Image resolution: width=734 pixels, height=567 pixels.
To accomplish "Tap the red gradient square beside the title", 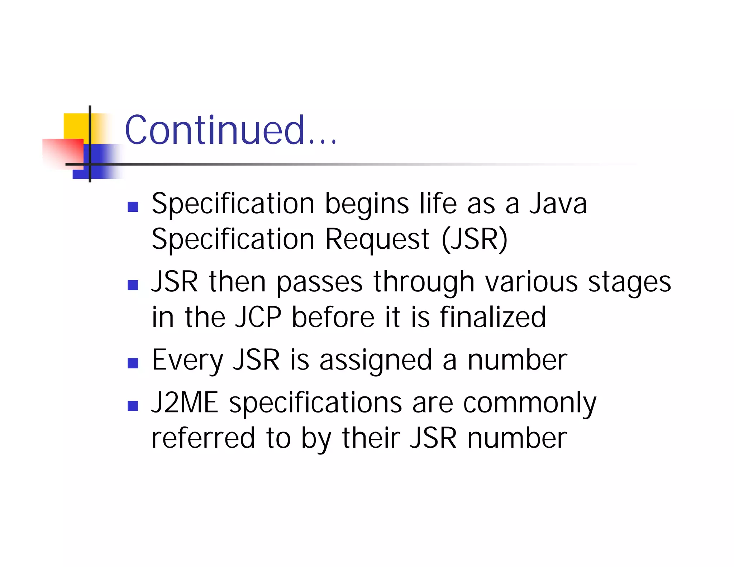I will click(63, 153).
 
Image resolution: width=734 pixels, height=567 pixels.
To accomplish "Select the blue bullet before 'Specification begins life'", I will click(133, 207).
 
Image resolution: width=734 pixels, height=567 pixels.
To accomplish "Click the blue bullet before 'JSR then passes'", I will click(133, 285).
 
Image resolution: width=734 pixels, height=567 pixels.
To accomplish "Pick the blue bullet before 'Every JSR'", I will click(133, 363).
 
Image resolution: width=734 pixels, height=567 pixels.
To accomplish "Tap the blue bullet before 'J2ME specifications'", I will click(133, 406).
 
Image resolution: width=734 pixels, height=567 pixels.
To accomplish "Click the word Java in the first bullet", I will click(558, 204).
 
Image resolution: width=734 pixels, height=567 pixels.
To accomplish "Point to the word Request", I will click(377, 239).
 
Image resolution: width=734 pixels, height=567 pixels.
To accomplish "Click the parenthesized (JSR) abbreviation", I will click(475, 239).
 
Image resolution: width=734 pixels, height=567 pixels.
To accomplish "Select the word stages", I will click(629, 282).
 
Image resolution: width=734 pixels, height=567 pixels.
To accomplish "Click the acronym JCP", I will click(258, 317).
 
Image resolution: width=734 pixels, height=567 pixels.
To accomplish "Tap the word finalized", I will click(493, 317).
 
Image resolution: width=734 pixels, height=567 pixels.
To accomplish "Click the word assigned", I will click(376, 361).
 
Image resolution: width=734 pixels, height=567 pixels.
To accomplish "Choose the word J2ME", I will click(185, 403).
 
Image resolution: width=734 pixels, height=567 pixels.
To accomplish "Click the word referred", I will click(203, 438).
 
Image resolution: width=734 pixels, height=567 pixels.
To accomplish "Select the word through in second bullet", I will click(424, 282).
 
